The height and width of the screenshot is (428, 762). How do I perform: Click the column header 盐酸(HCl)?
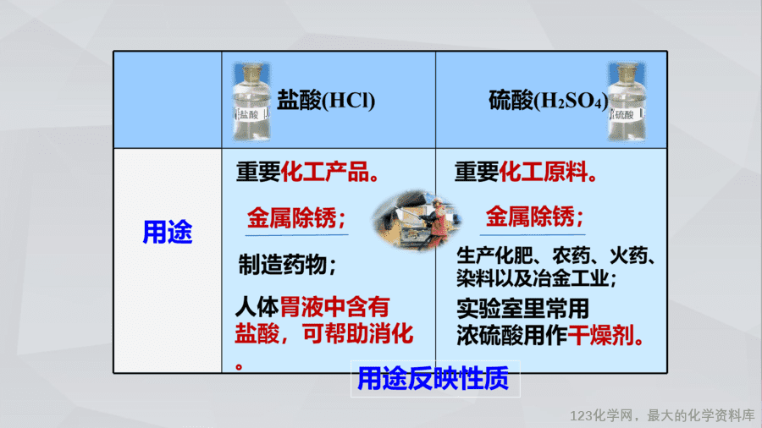click(x=326, y=101)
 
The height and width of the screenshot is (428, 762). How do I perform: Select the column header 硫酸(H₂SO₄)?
click(x=548, y=101)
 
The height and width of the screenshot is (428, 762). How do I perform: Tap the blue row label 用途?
click(x=167, y=232)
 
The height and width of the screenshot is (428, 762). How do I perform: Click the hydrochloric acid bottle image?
click(x=251, y=102)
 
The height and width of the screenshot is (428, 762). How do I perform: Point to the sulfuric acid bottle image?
click(x=627, y=102)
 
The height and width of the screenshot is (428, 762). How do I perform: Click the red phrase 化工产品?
click(x=325, y=172)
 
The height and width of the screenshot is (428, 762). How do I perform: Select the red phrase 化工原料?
click(x=544, y=172)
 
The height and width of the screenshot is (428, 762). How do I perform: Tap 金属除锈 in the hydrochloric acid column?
click(x=291, y=217)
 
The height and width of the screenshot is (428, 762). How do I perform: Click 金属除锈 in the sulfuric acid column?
click(x=530, y=217)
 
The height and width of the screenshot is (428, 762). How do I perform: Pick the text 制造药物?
click(x=282, y=265)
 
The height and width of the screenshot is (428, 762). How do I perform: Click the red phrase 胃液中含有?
click(x=334, y=307)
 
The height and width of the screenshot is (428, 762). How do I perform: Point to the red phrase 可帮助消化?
click(x=357, y=334)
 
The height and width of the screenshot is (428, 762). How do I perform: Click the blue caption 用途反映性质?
click(x=433, y=378)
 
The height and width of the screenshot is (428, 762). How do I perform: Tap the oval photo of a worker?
click(x=417, y=220)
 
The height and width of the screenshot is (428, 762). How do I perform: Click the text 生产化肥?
click(x=499, y=255)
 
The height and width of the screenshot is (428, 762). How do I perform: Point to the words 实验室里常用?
click(x=523, y=308)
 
